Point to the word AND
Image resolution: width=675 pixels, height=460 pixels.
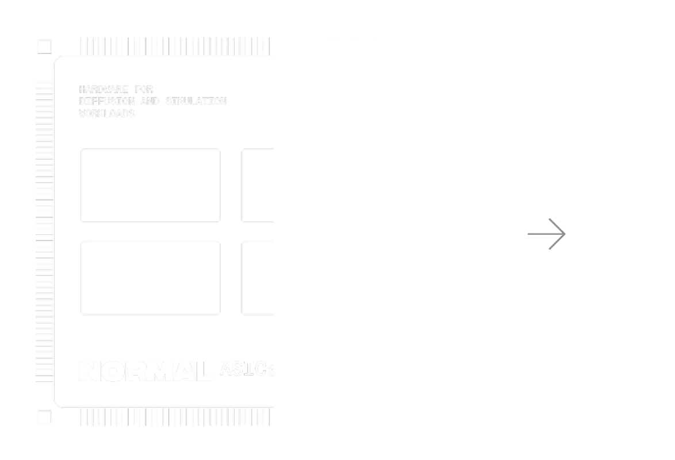pos(150,102)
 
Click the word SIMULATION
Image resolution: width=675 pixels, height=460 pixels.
pos(195,102)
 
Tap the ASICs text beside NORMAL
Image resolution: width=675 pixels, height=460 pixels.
pos(248,370)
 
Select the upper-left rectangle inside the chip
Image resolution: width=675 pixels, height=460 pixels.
pos(149,185)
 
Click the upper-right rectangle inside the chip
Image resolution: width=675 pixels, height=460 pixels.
pos(310,185)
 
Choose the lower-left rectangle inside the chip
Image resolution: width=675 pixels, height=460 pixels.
pos(149,278)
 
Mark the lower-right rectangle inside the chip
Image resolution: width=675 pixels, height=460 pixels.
pos(310,278)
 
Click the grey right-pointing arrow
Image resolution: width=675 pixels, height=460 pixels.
pos(547,234)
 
